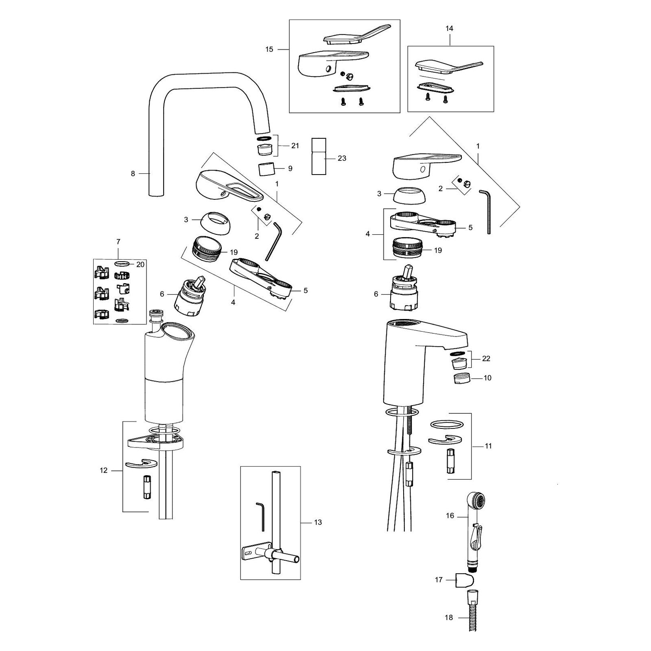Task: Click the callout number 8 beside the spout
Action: (x=133, y=173)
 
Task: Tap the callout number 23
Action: (x=342, y=158)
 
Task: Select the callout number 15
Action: (x=269, y=49)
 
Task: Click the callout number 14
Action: (x=450, y=28)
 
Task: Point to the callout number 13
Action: (x=318, y=522)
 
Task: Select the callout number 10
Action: (x=487, y=378)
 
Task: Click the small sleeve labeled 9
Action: (x=265, y=168)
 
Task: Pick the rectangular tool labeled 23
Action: (x=319, y=156)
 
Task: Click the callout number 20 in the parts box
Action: (x=140, y=264)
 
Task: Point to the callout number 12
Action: (x=104, y=470)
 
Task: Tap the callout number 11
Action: (x=488, y=446)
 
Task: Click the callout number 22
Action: (x=486, y=358)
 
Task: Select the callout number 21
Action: (x=295, y=146)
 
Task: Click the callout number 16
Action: (x=450, y=516)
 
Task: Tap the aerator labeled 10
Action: (x=462, y=378)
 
